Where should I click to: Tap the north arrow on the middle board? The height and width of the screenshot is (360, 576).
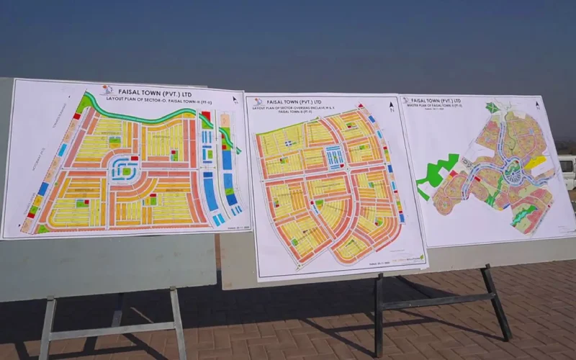(x=391, y=107)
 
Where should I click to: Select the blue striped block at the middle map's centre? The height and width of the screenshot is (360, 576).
(x=333, y=156)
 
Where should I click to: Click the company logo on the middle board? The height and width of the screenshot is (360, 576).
(x=258, y=102)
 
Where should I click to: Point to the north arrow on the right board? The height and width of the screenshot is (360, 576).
(x=539, y=104)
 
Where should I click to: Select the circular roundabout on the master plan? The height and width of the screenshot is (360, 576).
(x=513, y=173)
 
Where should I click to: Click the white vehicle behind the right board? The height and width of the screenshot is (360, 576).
(x=567, y=171)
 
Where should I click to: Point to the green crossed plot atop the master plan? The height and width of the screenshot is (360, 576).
(x=492, y=108)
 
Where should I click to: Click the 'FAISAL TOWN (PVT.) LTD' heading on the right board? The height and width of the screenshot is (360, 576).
(x=436, y=101)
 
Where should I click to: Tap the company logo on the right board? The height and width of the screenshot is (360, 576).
(x=406, y=101)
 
